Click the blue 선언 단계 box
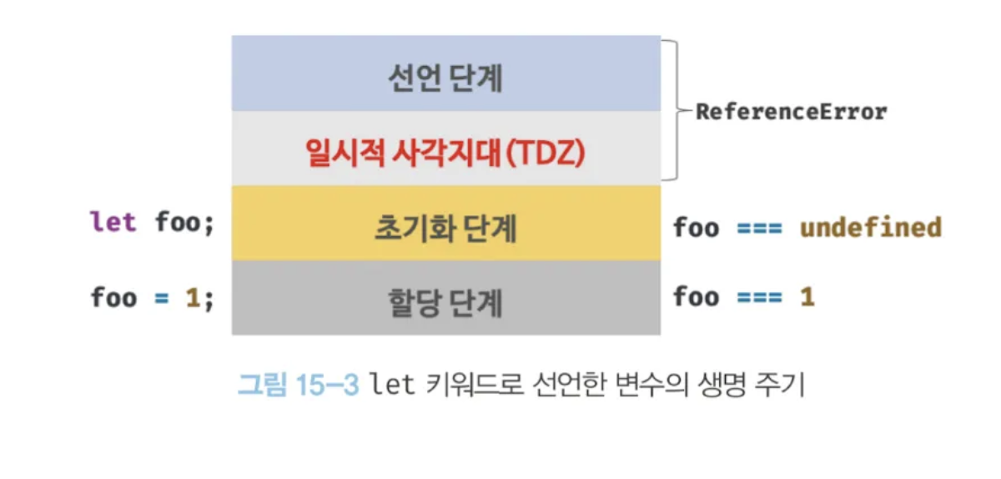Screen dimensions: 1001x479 coord(445,74)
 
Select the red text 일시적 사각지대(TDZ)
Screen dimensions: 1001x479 coord(444,153)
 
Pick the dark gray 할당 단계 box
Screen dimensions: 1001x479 coord(445,299)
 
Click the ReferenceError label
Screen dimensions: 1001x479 coord(792,112)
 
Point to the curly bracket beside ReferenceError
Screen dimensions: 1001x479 coord(674,110)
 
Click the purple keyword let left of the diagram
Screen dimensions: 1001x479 coord(113,224)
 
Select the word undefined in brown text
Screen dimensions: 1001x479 coord(871,227)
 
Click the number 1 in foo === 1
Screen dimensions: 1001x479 coord(807,297)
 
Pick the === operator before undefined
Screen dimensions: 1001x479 coord(759,227)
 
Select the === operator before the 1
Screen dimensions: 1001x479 coord(759,297)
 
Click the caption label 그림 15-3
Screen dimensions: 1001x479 coord(298,385)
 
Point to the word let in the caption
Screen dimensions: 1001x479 coord(392,385)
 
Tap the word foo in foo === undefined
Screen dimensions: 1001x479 coord(696,227)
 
